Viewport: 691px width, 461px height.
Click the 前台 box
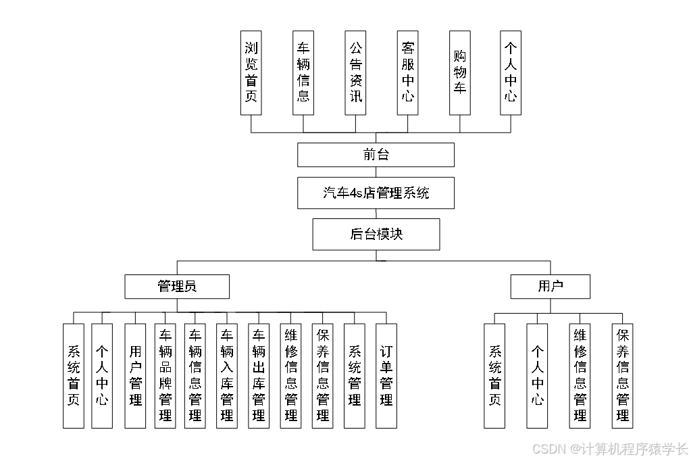pos(376,155)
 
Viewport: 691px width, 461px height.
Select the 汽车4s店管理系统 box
pos(376,193)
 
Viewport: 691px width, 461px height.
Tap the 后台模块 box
pos(376,234)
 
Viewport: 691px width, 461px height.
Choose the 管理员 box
pos(177,286)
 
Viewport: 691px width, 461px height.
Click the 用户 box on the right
pos(550,286)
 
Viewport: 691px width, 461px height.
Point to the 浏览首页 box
pos(251,72)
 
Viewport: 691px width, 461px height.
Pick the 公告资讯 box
pos(355,72)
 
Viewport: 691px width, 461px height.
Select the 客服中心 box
pos(407,72)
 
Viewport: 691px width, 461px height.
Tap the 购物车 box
pos(460,72)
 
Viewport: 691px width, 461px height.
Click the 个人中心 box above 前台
pos(511,72)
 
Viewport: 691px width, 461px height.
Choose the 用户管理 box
pos(135,375)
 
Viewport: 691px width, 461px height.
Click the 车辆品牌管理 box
pos(165,375)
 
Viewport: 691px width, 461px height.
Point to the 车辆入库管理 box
pos(227,375)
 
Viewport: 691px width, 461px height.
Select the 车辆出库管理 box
pos(258,375)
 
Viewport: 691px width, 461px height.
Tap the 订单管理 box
pos(386,375)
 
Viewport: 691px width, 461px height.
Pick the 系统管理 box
pos(355,375)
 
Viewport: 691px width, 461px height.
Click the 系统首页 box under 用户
pos(494,375)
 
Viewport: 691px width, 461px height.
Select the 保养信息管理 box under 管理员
pos(323,375)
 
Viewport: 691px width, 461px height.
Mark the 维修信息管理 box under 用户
pos(580,375)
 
